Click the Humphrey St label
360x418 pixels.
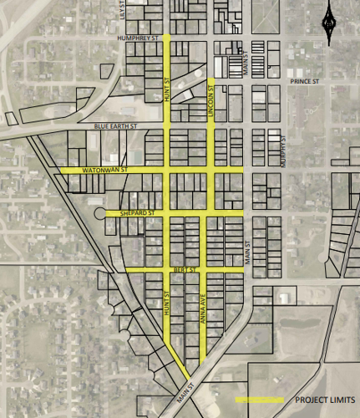[x=139, y=38]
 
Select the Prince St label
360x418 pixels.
[x=305, y=81]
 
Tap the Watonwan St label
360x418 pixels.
[x=104, y=170]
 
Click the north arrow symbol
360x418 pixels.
[x=330, y=21]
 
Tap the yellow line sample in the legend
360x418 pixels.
[x=259, y=400]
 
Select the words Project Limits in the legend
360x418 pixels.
[x=322, y=400]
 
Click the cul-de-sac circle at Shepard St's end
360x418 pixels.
[x=101, y=213]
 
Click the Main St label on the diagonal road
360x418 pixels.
[x=185, y=394]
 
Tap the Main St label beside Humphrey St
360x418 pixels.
[x=246, y=64]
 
